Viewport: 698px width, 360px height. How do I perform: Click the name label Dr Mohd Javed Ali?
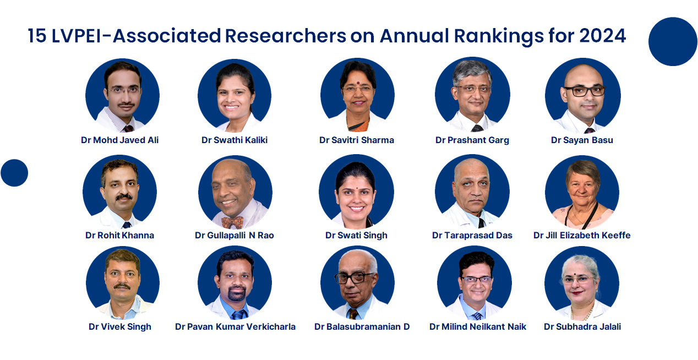[x=119, y=140]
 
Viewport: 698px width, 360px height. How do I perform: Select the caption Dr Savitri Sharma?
[x=356, y=140]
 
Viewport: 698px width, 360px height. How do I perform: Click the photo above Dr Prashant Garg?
[x=472, y=95]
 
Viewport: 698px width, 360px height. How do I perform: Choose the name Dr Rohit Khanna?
[x=119, y=235]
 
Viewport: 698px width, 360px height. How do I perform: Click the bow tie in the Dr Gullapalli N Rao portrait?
[x=232, y=222]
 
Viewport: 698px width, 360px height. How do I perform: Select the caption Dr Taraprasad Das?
[x=472, y=235]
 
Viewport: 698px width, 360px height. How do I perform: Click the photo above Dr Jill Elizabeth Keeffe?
[x=582, y=192]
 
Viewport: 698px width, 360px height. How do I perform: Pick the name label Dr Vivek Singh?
[x=119, y=326]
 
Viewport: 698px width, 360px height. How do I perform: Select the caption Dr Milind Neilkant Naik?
[x=477, y=326]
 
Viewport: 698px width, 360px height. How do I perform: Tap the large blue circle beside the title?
[x=673, y=41]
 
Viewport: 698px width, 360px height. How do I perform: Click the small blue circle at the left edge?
[x=14, y=173]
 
